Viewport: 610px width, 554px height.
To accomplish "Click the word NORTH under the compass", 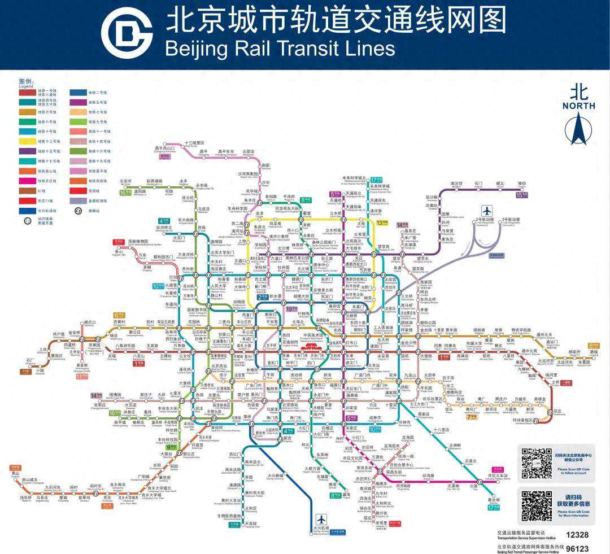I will (578, 106).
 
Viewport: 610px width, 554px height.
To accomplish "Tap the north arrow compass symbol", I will (578, 128).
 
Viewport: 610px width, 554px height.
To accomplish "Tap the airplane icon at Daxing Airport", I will (321, 519).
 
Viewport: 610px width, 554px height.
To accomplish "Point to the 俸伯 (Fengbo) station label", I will (521, 184).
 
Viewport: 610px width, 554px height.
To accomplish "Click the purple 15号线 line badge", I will (521, 195).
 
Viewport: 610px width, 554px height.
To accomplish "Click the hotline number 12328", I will (577, 534).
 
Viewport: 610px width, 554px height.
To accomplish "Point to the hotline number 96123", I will (577, 548).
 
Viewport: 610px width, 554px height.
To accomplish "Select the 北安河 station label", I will (125, 182).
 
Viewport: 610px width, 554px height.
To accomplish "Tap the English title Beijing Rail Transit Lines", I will (280, 48).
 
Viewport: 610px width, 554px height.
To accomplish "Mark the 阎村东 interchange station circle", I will (95, 491).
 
